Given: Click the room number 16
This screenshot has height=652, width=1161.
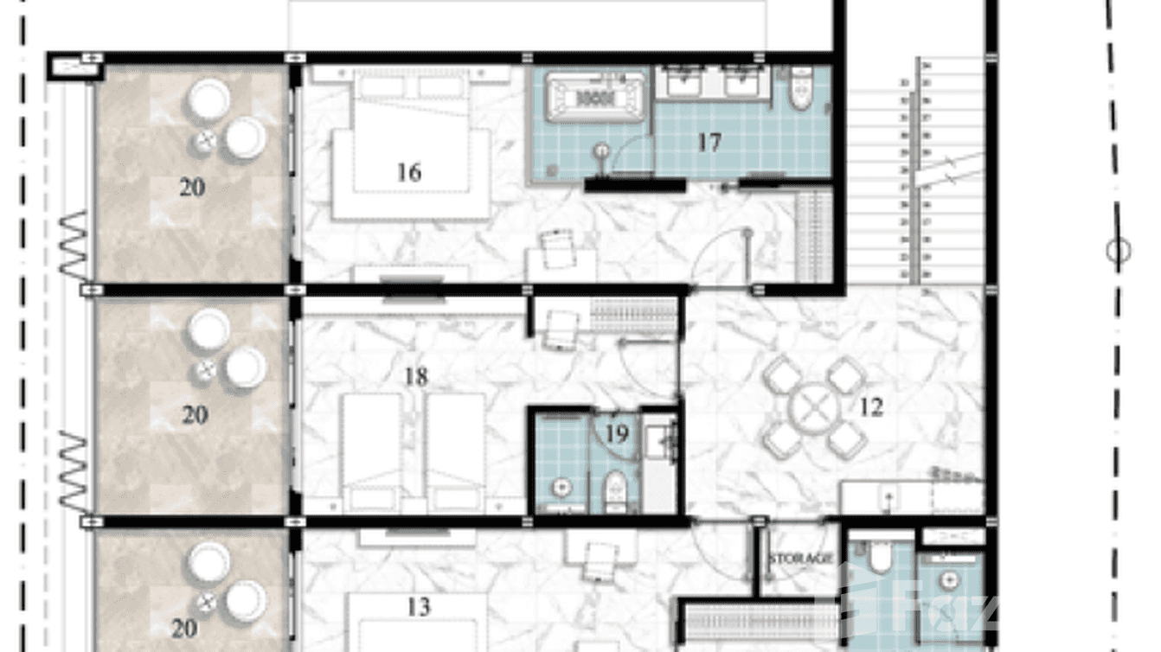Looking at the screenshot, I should [x=408, y=172].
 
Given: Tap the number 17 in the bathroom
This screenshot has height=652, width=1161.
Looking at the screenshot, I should [x=709, y=143].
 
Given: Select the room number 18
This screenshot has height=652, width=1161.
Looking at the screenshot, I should [x=416, y=377].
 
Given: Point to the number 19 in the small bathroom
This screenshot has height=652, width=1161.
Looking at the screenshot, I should [x=617, y=433].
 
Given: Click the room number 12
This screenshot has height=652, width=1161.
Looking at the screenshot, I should [x=871, y=406].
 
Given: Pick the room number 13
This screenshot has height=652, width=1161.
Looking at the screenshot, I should [x=418, y=607].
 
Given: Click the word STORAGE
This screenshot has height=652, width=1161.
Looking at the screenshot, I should [x=800, y=559].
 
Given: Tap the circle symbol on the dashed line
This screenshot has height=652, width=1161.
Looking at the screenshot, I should [x=1118, y=252].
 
